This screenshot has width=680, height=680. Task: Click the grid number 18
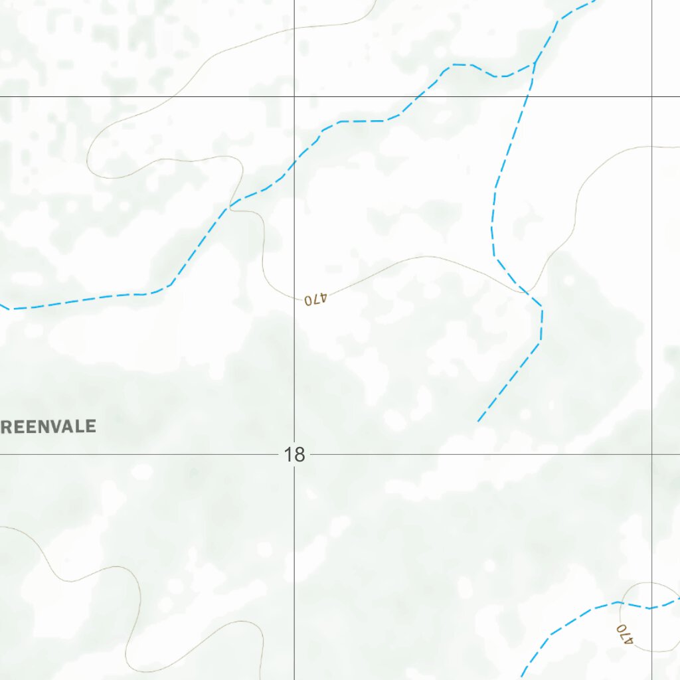click(294, 455)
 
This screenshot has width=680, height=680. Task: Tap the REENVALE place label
click(49, 426)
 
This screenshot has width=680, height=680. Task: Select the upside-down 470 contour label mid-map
click(316, 299)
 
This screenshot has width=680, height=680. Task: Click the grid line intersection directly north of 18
click(295, 97)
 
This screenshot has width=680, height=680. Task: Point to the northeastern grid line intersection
click(652, 97)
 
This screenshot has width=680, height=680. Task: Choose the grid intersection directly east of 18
click(652, 455)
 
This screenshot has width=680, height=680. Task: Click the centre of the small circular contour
click(649, 617)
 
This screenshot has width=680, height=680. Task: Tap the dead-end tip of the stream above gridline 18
click(478, 421)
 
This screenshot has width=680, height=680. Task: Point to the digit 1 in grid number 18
click(288, 455)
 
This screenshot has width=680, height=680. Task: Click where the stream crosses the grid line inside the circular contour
click(652, 607)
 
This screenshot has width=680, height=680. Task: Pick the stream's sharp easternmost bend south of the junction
click(542, 307)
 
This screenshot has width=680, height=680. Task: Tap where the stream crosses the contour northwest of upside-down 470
click(230, 207)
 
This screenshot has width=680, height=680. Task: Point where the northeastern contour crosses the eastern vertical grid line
click(652, 147)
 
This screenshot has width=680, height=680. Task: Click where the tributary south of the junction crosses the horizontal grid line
click(528, 97)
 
